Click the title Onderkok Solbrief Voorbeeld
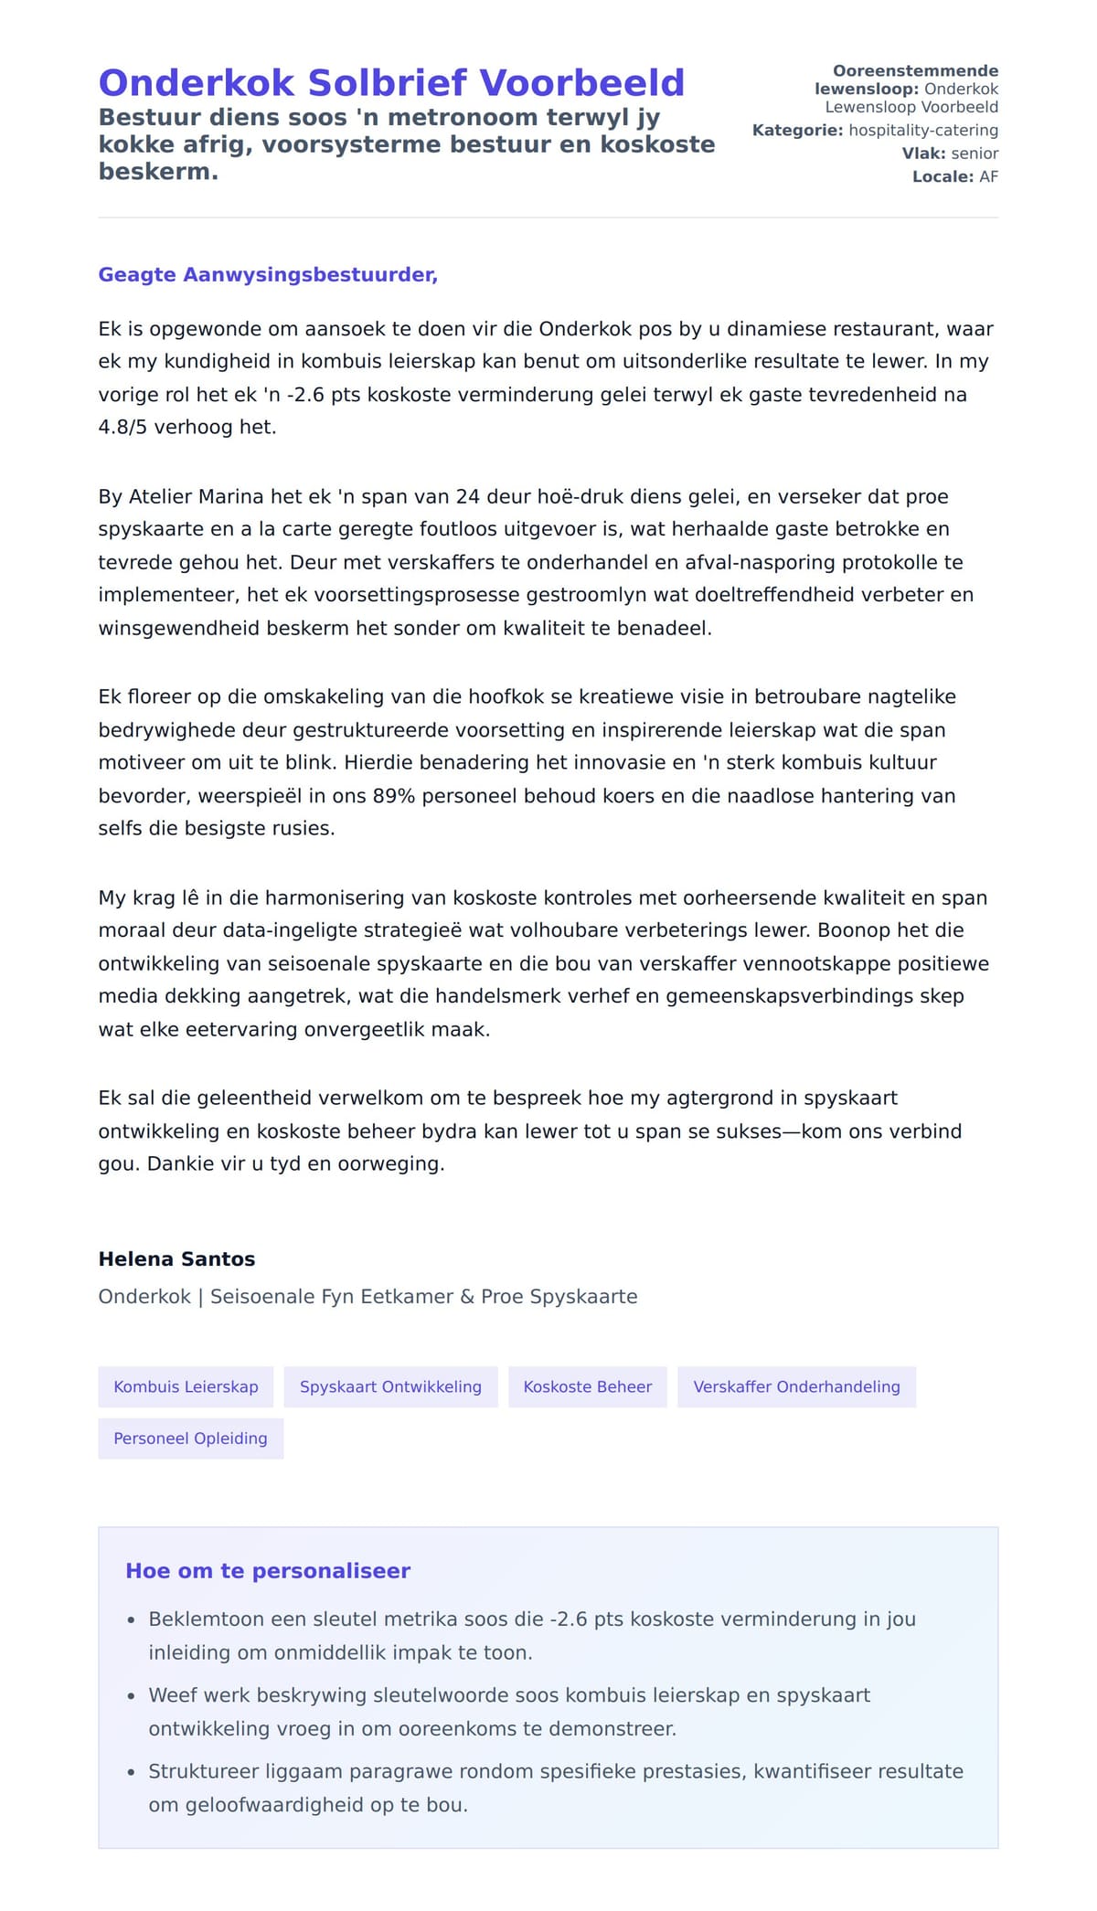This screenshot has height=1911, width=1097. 391,83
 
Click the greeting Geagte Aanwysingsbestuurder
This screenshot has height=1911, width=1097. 268,275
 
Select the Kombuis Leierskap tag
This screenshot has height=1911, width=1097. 186,1386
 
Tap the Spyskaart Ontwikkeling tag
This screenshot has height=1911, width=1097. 390,1386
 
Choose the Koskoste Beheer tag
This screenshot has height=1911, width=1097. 587,1386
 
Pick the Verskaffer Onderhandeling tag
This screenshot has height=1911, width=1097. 796,1386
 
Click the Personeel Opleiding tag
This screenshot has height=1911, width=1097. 190,1439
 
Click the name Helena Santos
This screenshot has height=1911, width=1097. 176,1258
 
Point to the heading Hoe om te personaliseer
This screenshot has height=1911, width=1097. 268,1571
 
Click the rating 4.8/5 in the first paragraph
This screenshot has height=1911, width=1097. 122,427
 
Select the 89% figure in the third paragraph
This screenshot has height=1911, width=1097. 394,796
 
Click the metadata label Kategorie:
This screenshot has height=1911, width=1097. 797,131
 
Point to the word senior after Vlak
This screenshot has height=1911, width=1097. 975,154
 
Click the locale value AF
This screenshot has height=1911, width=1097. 988,176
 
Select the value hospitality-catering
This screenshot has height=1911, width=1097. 923,131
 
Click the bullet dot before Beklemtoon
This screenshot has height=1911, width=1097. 132,1620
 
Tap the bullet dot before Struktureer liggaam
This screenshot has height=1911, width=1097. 132,1772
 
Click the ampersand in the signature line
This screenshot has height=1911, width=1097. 467,1297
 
